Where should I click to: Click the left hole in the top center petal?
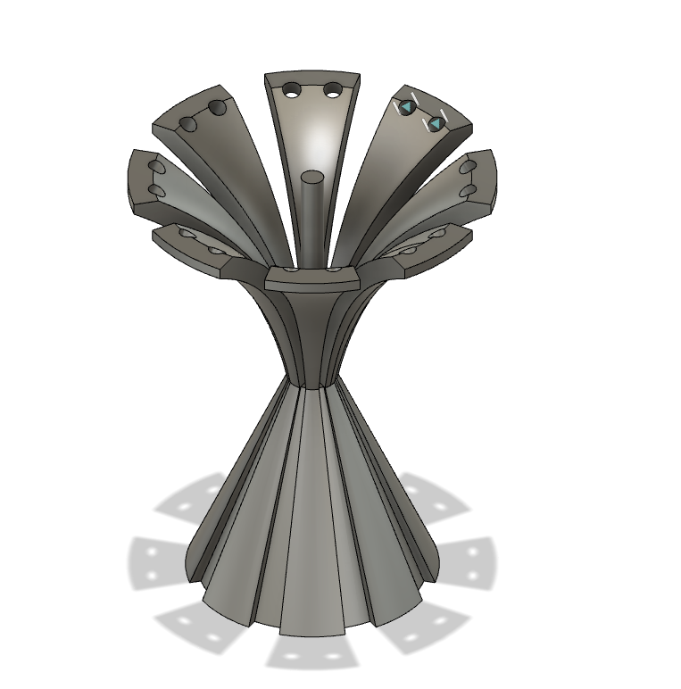pyautogui.click(x=292, y=88)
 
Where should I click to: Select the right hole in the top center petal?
pyautogui.click(x=333, y=89)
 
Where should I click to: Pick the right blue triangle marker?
pyautogui.click(x=436, y=123)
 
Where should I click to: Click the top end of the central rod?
pyautogui.click(x=312, y=178)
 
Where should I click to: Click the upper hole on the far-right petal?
pyautogui.click(x=468, y=167)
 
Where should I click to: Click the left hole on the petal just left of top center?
pyautogui.click(x=188, y=124)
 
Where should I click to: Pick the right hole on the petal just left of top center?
pyautogui.click(x=217, y=108)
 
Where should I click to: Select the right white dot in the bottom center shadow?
pyautogui.click(x=334, y=657)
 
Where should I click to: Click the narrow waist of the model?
pyautogui.click(x=311, y=379)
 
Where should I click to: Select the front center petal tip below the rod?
pyautogui.click(x=311, y=278)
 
